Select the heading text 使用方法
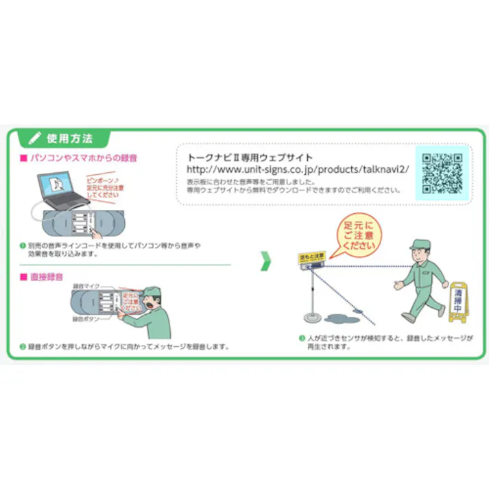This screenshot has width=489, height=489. pos(69,138)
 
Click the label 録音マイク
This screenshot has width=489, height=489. pos(86,285)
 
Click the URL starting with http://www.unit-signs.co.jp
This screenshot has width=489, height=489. pos(298,169)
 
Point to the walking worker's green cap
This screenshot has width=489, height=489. pos(419,246)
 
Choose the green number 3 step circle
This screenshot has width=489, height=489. pos(301,337)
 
